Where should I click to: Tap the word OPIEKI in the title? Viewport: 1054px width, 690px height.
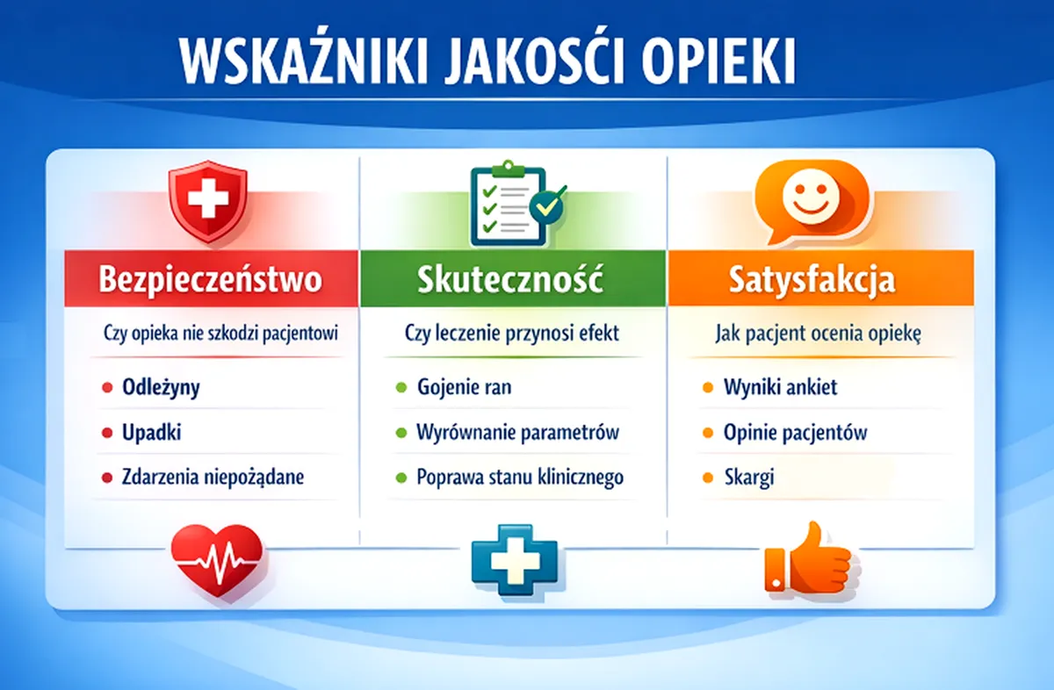(x=718, y=62)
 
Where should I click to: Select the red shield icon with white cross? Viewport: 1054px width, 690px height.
(x=208, y=201)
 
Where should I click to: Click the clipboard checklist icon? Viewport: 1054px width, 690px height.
(x=517, y=204)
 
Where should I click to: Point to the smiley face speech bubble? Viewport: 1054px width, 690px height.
(x=812, y=201)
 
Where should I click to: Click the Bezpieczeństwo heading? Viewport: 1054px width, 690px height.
(x=210, y=279)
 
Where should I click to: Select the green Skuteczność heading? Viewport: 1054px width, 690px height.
(x=510, y=279)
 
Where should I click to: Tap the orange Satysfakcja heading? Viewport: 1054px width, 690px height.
(x=812, y=280)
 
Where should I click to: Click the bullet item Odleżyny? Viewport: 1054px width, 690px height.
(x=161, y=387)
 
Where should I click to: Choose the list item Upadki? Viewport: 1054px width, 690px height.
(x=151, y=432)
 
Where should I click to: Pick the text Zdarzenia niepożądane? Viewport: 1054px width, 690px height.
(x=213, y=478)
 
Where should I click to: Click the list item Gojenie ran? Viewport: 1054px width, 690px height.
(x=465, y=387)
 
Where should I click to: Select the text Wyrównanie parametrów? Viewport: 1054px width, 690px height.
(x=517, y=432)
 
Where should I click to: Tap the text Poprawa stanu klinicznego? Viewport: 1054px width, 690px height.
(x=520, y=478)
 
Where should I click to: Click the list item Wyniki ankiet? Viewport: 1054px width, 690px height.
(x=781, y=387)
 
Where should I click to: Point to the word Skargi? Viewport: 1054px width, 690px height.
(x=749, y=478)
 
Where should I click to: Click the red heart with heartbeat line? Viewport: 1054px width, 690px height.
(x=217, y=561)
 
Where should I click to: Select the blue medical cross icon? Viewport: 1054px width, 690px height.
(x=515, y=560)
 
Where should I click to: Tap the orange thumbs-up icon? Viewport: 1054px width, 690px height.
(x=808, y=560)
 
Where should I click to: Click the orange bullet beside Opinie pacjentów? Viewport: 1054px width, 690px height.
(x=708, y=433)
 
